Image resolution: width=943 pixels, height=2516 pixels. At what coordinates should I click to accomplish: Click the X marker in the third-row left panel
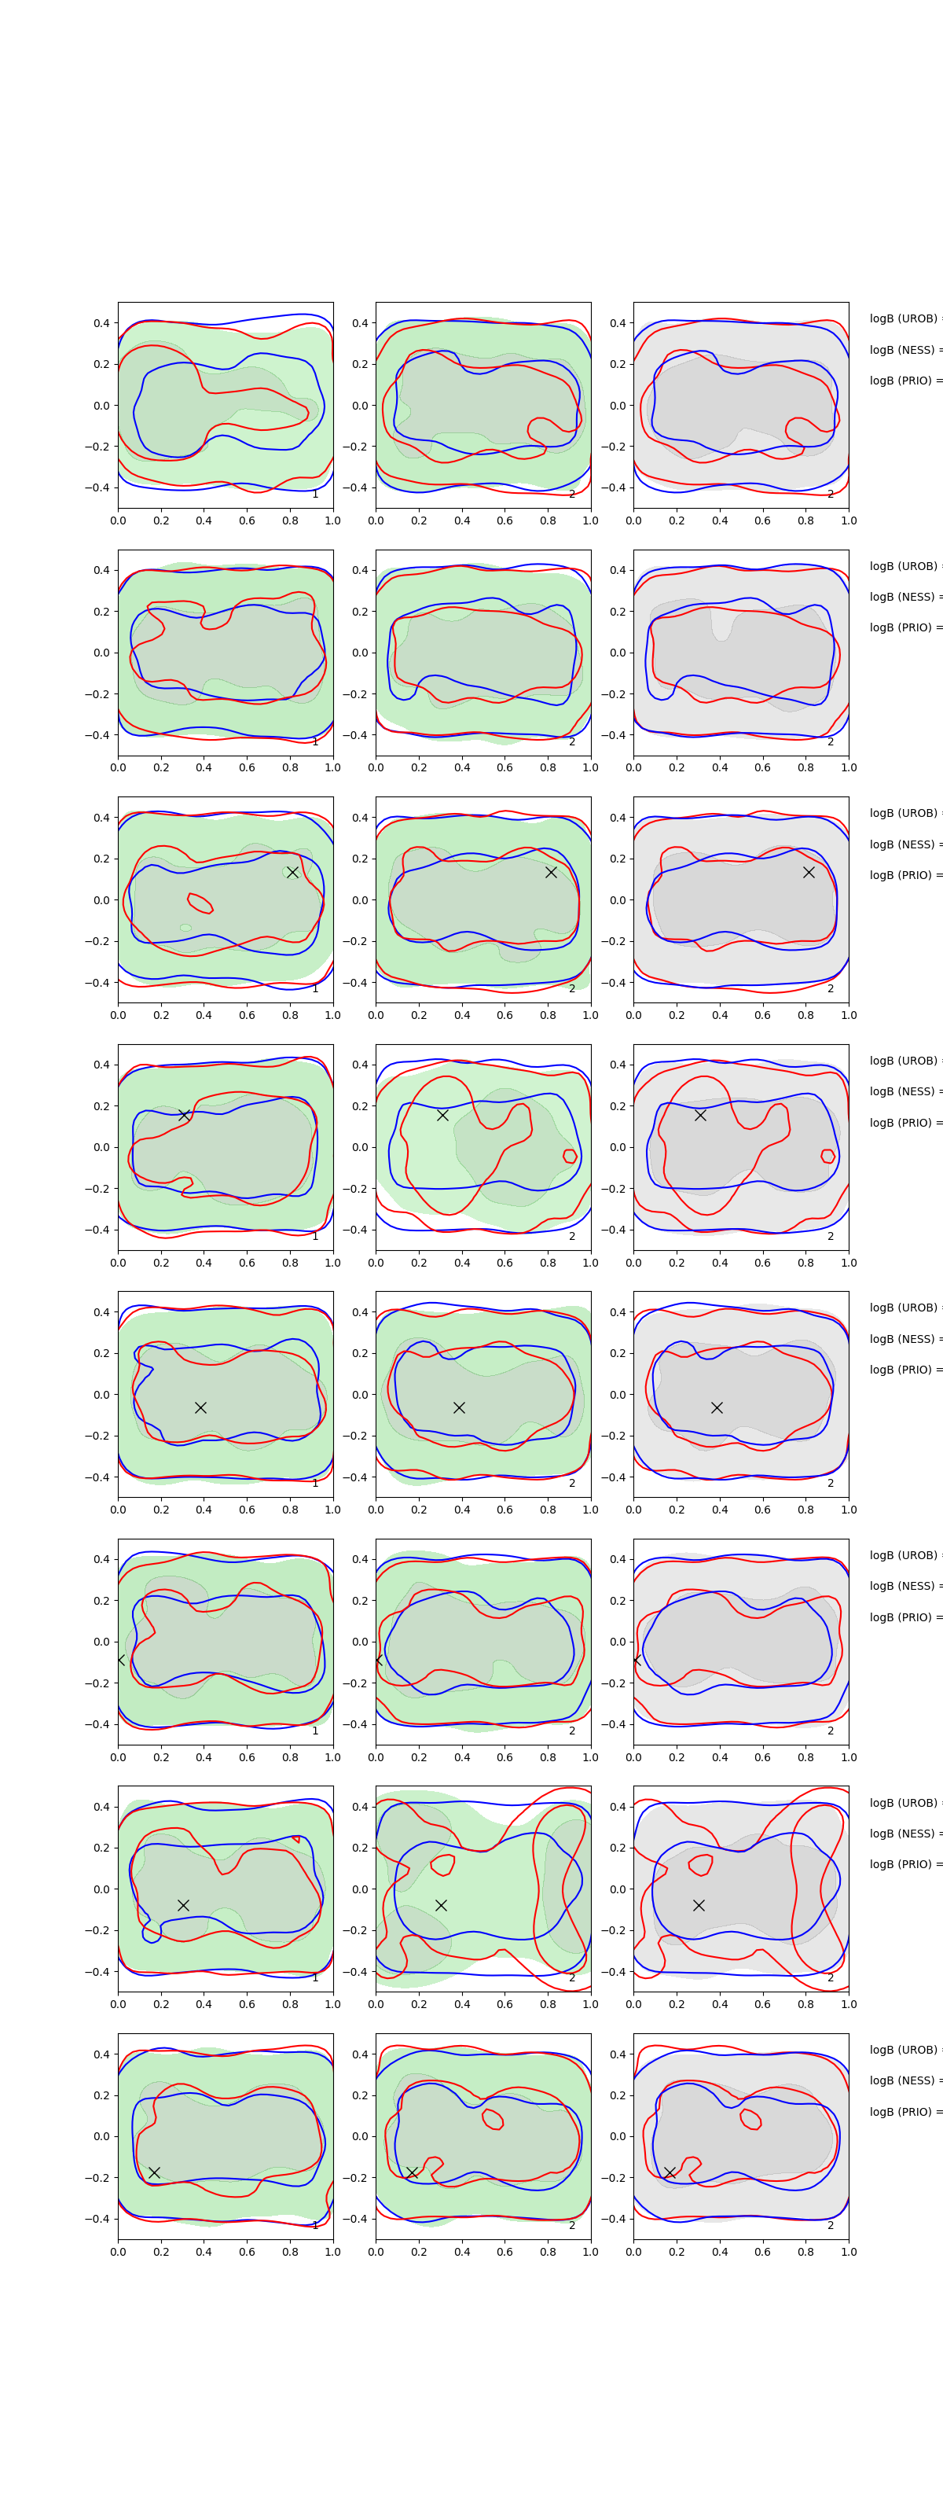coord(292,872)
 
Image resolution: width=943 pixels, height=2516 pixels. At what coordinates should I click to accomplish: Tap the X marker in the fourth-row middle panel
coord(442,1114)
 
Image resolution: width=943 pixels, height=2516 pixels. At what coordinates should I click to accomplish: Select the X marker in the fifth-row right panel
coord(717,1407)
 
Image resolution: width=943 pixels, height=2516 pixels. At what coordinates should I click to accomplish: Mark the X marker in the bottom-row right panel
coord(670,2172)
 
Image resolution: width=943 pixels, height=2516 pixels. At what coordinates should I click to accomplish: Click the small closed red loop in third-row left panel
coord(200,903)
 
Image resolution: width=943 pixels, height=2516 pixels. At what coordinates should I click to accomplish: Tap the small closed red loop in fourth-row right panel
coord(827,1157)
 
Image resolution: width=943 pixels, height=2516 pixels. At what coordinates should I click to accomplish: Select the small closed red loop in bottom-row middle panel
coord(493,2118)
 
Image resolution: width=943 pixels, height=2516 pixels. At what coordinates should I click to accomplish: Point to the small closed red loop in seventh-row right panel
coord(700,1864)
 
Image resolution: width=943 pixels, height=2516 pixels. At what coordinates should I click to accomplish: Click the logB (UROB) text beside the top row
coord(904,318)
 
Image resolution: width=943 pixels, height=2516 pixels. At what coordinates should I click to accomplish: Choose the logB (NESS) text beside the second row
coord(904,597)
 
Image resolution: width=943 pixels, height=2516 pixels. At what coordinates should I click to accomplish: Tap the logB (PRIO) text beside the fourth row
coord(904,1122)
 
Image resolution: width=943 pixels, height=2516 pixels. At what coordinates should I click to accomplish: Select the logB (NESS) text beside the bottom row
coord(904,2080)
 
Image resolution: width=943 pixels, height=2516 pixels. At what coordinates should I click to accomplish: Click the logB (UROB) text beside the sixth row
coord(904,1555)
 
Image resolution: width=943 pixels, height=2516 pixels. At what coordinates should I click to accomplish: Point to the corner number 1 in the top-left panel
coord(314,495)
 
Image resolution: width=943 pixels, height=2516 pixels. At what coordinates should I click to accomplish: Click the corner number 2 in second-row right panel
coord(831,741)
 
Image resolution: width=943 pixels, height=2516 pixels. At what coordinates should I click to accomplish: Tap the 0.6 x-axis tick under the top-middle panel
coord(505,520)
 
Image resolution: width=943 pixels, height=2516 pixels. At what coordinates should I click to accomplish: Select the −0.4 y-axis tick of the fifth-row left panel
coord(101,1477)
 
